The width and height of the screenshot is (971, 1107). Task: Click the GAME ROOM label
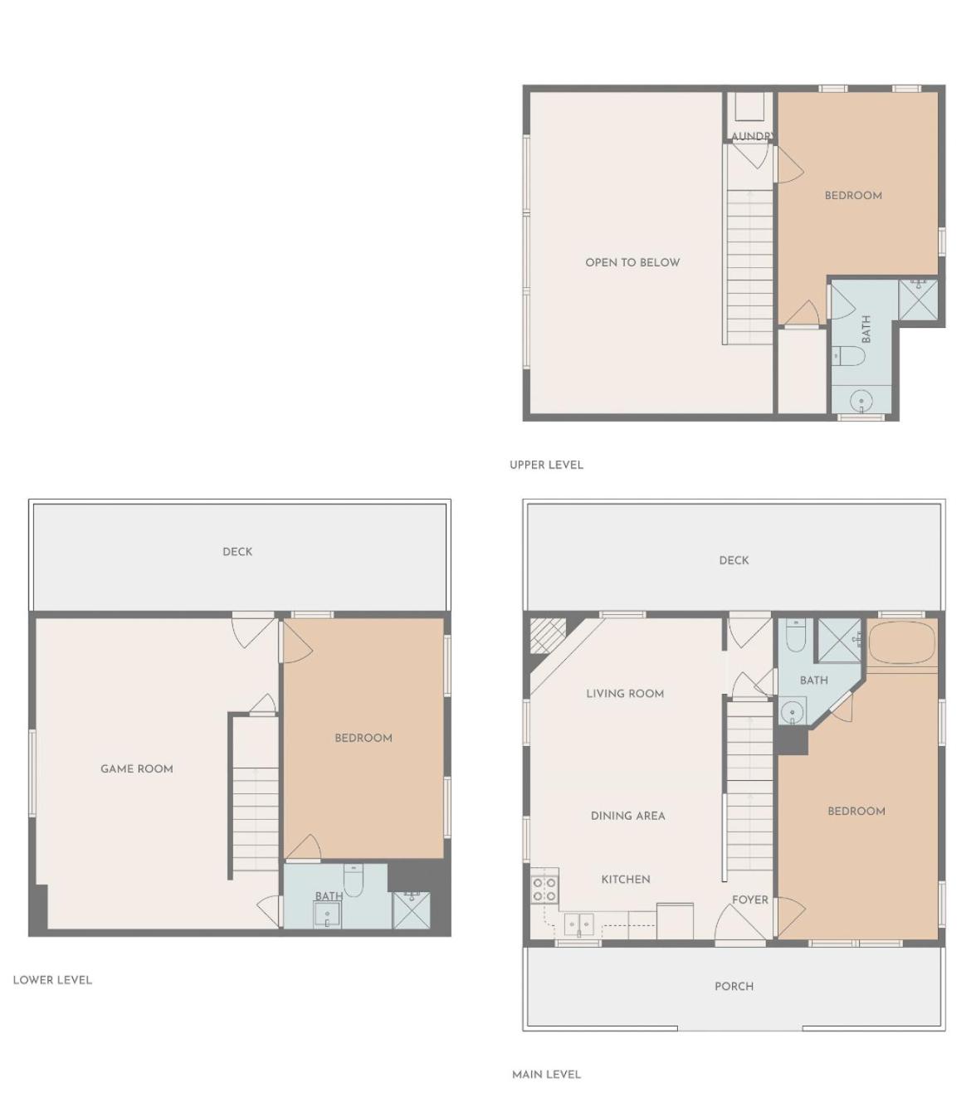(137, 768)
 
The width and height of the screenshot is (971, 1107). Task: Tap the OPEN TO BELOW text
(632, 262)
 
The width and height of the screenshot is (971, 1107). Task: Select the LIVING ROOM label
(625, 694)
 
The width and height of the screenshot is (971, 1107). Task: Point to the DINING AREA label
(628, 816)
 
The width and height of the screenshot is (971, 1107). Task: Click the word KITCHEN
(626, 879)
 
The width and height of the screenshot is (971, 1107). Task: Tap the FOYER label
(749, 900)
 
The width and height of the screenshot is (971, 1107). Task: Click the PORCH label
(734, 986)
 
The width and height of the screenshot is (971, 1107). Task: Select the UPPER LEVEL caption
(546, 465)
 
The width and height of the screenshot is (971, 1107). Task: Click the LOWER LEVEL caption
(52, 980)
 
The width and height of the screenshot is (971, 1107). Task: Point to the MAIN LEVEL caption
(546, 1075)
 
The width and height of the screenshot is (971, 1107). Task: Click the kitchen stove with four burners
(544, 890)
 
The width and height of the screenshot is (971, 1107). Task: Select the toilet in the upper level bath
(849, 356)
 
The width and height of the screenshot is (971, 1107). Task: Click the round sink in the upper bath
(861, 400)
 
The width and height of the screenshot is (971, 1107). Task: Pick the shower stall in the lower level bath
(412, 910)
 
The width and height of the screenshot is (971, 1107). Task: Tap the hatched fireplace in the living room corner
(548, 636)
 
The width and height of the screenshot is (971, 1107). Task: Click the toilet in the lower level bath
(353, 880)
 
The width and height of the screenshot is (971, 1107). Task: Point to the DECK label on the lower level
(237, 552)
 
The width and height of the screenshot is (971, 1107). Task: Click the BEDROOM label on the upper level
(853, 196)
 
